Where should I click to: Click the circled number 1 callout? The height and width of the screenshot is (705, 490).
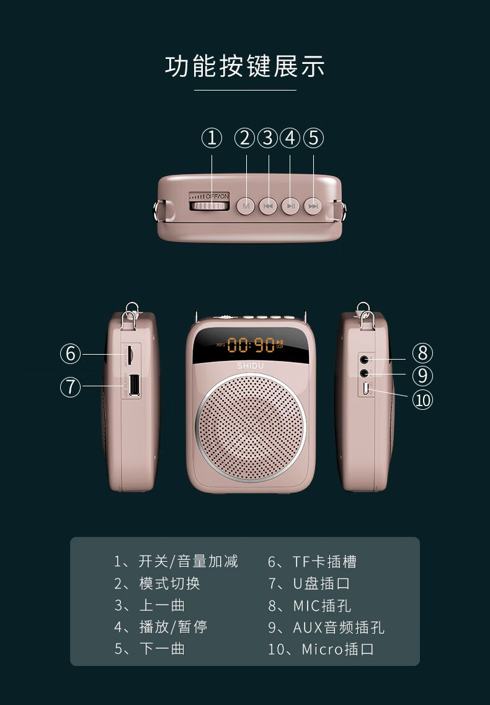point(212,138)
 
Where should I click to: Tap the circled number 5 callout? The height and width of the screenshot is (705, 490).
point(314,138)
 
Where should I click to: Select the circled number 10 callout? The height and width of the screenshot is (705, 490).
point(422,400)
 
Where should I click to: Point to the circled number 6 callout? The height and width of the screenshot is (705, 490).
point(71,353)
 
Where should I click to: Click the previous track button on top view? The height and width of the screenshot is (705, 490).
point(268,206)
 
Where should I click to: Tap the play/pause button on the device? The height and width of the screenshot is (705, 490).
point(290,206)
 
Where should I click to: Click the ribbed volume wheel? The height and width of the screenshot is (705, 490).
point(209,205)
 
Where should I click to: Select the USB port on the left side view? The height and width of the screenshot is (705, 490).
point(133,385)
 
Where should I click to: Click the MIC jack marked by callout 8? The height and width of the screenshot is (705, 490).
point(364,359)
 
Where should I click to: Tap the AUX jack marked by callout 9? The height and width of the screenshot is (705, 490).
point(365,373)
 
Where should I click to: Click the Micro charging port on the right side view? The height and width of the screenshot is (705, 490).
point(366,389)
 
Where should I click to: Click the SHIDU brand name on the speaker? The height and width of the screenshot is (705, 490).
point(251,366)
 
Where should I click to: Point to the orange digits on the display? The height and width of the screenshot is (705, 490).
point(251,345)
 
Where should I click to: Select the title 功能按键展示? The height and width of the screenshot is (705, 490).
point(245,66)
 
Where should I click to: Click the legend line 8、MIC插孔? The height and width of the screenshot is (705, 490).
point(310,606)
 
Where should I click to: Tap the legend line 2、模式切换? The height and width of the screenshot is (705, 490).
point(157,583)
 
